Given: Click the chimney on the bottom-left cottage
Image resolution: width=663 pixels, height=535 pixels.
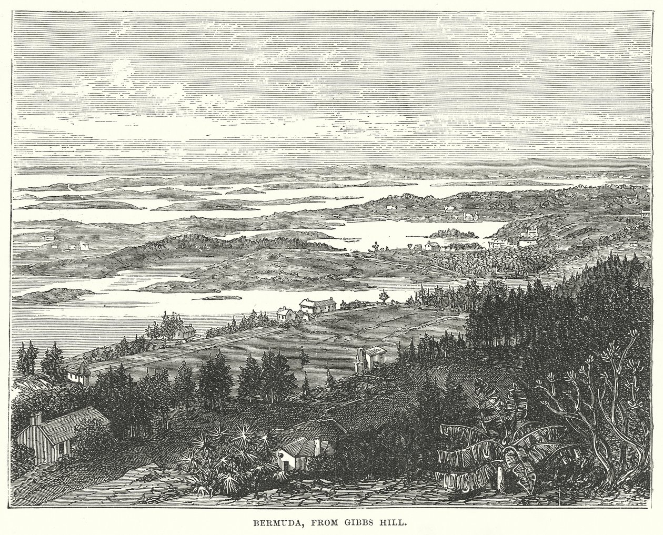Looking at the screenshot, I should tap(35, 419).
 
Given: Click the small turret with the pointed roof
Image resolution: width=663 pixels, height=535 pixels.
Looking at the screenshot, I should tap(78, 372).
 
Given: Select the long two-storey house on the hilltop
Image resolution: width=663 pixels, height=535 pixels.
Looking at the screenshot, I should tap(318, 306).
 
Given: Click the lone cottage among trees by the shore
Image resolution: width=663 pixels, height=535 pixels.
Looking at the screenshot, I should tap(184, 331).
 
